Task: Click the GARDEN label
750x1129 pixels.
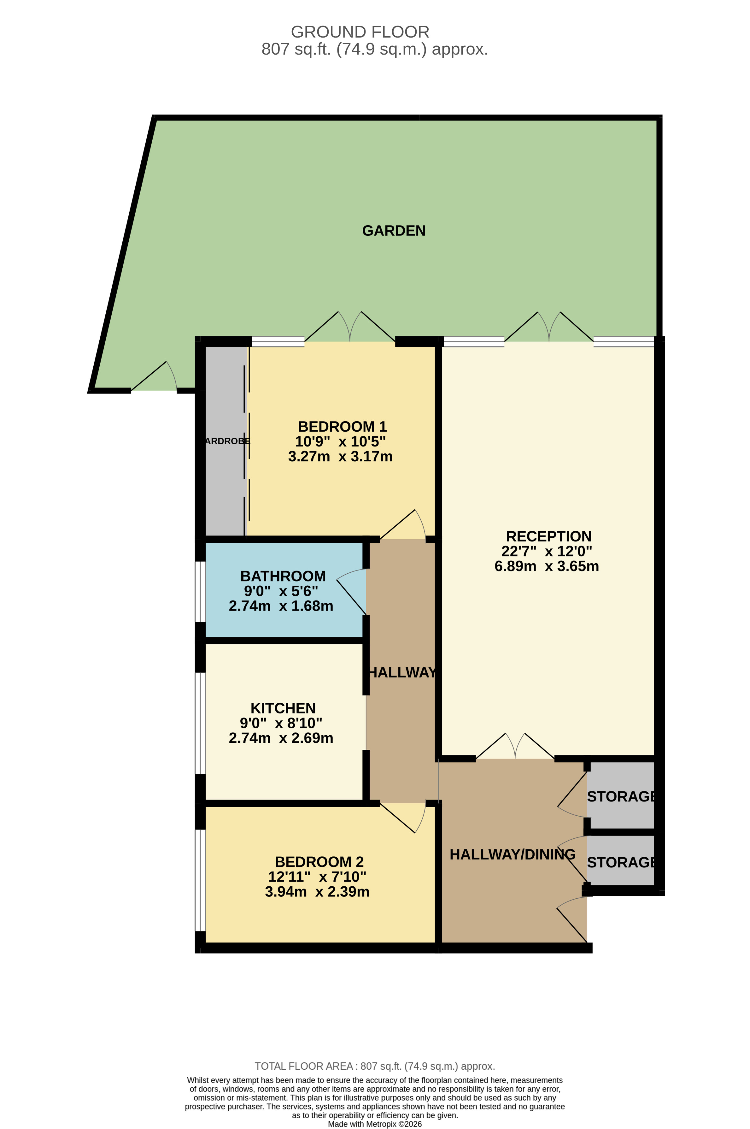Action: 394,231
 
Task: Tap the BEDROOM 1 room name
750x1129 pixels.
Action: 342,426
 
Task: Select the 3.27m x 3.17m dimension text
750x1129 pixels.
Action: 340,456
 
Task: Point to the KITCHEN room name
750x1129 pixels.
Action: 283,708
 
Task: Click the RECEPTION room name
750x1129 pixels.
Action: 549,536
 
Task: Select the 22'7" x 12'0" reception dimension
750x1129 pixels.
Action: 546,551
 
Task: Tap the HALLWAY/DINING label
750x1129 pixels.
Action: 512,854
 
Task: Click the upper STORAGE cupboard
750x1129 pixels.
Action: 620,796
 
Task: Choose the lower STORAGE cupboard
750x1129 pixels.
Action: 620,862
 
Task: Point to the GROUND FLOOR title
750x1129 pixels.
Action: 360,32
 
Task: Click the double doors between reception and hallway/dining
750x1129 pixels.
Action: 515,747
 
